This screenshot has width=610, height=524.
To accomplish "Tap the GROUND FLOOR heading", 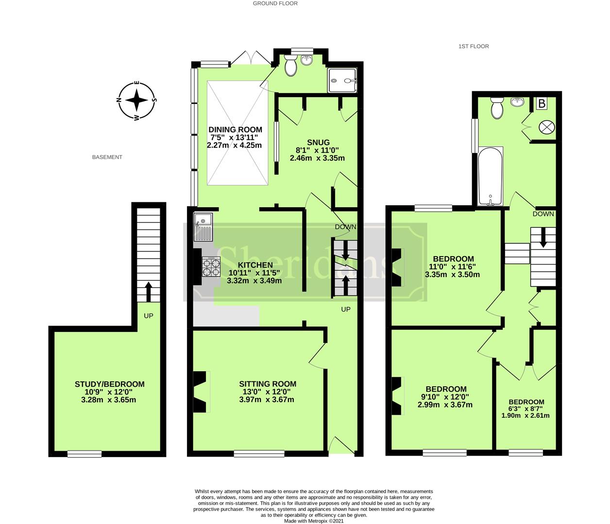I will pyautogui.click(x=275, y=3).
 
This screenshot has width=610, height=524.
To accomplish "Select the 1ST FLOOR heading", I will pyautogui.click(x=474, y=47).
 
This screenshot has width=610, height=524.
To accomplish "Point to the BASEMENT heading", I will pyautogui.click(x=107, y=157).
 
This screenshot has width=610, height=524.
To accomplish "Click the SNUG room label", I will pyautogui.click(x=317, y=142).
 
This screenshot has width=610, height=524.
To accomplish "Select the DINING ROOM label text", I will pyautogui.click(x=235, y=130).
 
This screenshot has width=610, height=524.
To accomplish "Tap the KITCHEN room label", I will pyautogui.click(x=255, y=265).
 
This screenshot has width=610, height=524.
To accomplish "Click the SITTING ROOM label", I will pyautogui.click(x=267, y=384).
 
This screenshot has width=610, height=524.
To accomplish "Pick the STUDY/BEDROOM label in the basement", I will pyautogui.click(x=109, y=384).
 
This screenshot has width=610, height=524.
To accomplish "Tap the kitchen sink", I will pyautogui.click(x=203, y=227).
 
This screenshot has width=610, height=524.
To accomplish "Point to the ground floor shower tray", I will pyautogui.click(x=343, y=80).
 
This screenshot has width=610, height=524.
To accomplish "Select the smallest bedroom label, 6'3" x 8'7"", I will pyautogui.click(x=526, y=402).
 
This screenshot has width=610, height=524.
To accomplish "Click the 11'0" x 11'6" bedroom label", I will pyautogui.click(x=453, y=259).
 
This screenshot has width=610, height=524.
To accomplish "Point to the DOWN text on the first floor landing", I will pyautogui.click(x=543, y=214).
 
